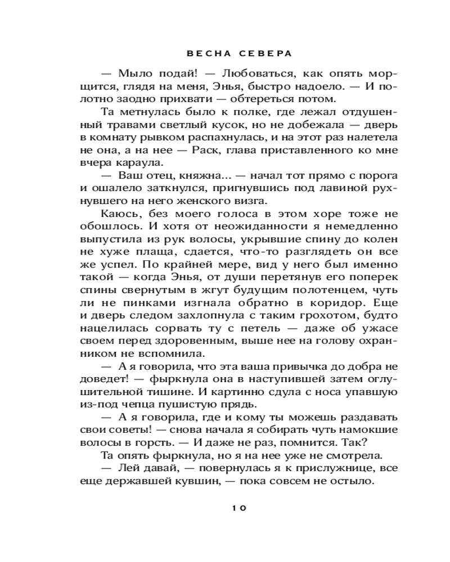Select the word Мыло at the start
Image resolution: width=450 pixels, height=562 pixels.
[x=132, y=74]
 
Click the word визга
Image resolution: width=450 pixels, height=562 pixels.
[x=266, y=200]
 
